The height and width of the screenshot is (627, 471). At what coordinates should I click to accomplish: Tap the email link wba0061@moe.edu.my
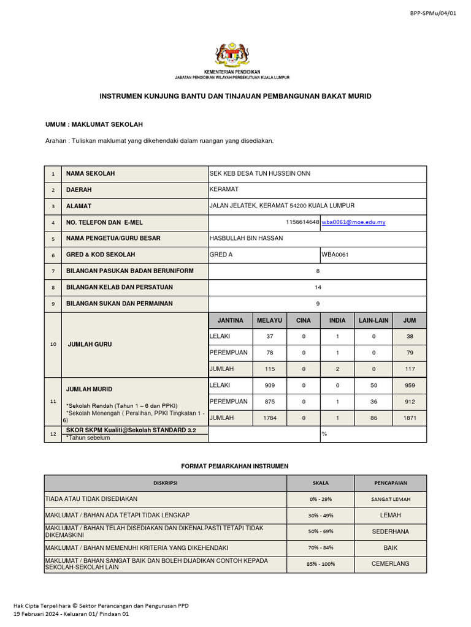click(x=354, y=222)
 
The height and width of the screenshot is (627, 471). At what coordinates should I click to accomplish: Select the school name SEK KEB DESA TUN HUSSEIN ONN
click(x=260, y=173)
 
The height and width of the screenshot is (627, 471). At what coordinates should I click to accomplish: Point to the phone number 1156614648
click(x=302, y=222)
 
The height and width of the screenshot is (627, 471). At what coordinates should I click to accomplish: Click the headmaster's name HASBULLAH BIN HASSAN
click(x=247, y=238)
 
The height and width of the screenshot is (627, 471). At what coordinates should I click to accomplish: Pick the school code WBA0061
click(x=335, y=255)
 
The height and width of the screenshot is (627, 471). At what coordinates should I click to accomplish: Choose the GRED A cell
click(x=221, y=255)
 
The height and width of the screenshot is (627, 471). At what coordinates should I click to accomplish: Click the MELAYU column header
click(x=269, y=320)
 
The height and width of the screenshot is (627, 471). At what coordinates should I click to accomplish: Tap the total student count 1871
click(x=410, y=418)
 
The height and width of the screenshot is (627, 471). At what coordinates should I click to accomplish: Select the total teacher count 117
click(x=410, y=369)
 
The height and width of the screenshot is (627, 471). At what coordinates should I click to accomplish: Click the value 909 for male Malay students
click(x=269, y=386)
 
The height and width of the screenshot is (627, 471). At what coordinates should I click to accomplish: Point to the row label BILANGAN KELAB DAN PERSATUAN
click(x=120, y=287)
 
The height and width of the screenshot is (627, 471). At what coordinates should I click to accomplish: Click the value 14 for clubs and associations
click(x=318, y=287)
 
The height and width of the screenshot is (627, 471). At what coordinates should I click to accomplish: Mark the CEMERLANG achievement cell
click(x=390, y=563)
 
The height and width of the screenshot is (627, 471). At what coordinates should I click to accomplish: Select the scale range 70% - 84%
click(x=321, y=547)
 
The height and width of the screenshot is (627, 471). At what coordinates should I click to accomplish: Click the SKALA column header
click(x=321, y=483)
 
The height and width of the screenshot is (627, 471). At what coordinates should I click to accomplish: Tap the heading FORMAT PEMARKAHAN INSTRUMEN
click(x=235, y=466)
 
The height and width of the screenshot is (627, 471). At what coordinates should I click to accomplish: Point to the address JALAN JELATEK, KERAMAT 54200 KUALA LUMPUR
click(x=282, y=206)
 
